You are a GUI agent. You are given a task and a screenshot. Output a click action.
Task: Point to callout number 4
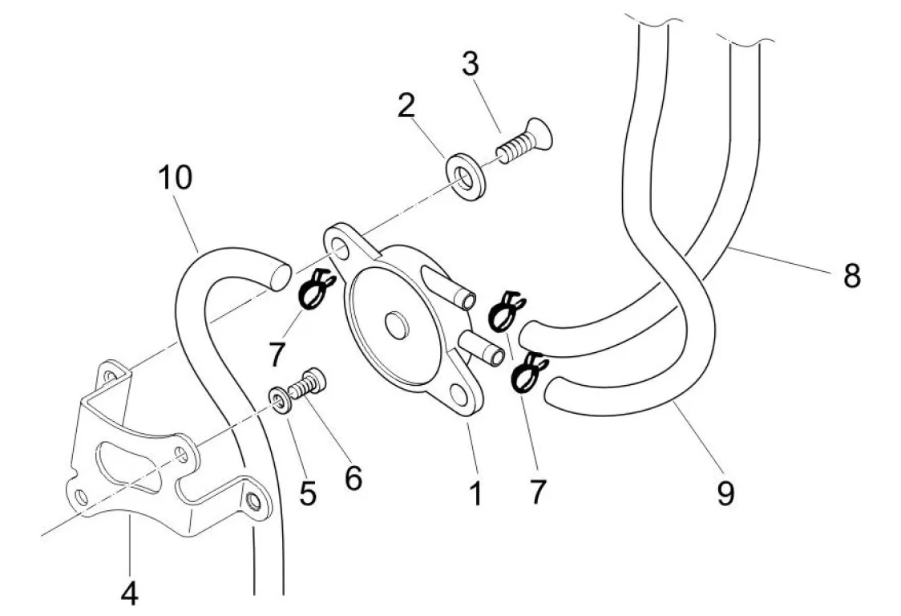pyautogui.click(x=129, y=594)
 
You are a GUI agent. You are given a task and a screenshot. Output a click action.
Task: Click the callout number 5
pyautogui.click(x=308, y=494)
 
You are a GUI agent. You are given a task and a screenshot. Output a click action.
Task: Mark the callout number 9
pyautogui.click(x=725, y=493)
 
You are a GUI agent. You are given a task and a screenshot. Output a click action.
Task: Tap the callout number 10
pyautogui.click(x=176, y=177)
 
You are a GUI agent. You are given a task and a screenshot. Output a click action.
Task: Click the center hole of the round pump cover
pyautogui.click(x=395, y=323)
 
